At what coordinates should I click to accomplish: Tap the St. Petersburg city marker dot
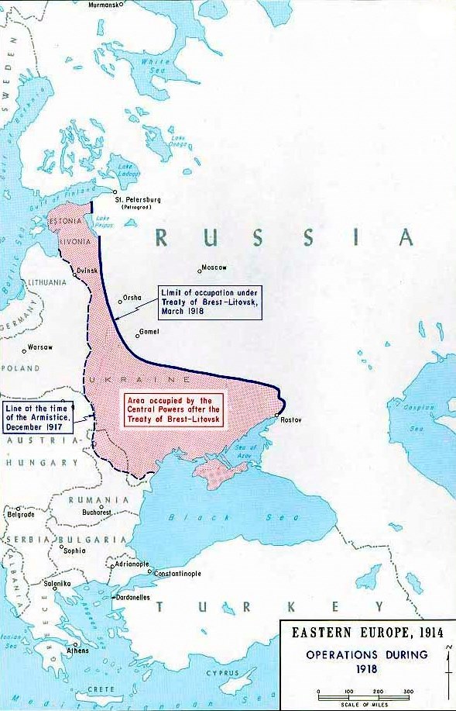(x=115, y=192)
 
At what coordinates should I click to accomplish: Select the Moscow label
(x=214, y=267)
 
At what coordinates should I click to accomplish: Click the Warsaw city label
(x=39, y=347)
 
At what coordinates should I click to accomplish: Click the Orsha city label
(x=132, y=298)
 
